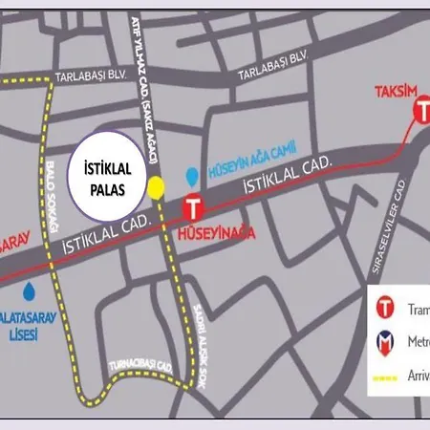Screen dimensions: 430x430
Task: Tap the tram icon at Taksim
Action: pos(422,112)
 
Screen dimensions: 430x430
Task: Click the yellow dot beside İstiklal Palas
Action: pos(156,187)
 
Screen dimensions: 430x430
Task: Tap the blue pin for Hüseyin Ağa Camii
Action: pos(192,176)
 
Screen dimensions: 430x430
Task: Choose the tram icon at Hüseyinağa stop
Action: pos(194,206)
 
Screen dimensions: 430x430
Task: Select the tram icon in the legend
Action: pos(385,308)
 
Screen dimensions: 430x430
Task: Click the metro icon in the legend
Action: pos(385,342)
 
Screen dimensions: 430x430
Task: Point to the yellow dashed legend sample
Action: pos(386,377)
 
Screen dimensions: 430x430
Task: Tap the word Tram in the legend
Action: pos(419,309)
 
